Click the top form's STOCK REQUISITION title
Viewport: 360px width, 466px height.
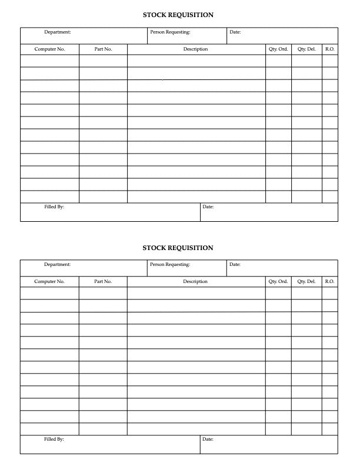(x=178, y=15)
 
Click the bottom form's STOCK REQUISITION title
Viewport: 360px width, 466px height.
(x=178, y=248)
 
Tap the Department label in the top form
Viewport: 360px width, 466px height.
(x=58, y=32)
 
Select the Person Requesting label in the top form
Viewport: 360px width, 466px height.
(x=170, y=32)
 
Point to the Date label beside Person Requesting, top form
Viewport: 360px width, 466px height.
(x=235, y=32)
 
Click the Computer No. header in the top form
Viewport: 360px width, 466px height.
(x=49, y=49)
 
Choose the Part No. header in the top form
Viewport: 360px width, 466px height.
(x=103, y=49)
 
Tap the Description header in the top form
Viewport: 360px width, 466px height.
(x=195, y=49)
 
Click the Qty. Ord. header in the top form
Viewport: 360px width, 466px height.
(x=278, y=49)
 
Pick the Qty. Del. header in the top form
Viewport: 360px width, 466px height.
(x=306, y=49)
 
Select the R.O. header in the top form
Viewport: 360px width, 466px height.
(x=330, y=49)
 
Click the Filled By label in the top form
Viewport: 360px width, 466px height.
(x=54, y=207)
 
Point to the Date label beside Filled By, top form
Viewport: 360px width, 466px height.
(x=208, y=207)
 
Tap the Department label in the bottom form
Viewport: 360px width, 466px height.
(x=58, y=265)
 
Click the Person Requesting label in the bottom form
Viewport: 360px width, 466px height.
(x=170, y=265)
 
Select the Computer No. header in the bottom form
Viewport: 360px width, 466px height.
(x=49, y=282)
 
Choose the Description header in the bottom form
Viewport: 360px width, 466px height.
(x=195, y=282)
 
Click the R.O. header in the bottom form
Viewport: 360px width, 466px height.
(x=330, y=282)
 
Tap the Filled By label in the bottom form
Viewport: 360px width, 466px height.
(x=54, y=440)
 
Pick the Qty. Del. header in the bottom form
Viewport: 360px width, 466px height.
(x=306, y=282)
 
